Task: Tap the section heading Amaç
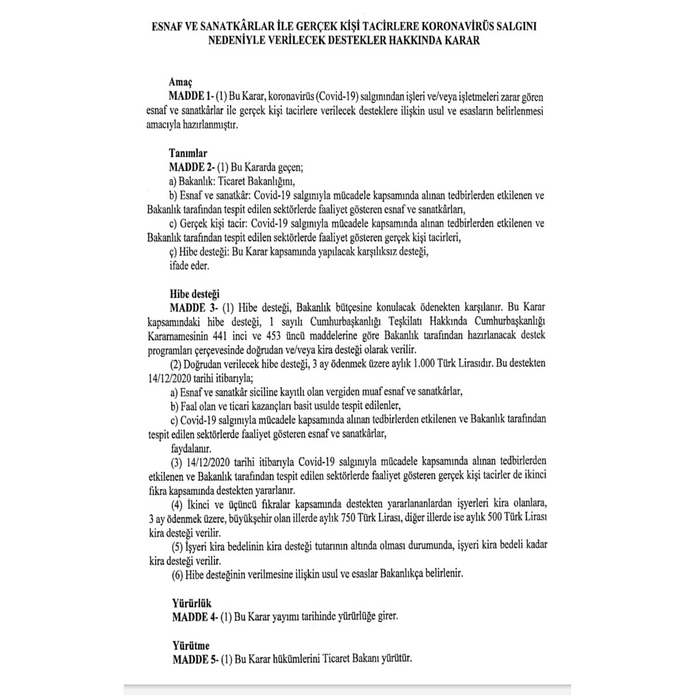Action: [x=181, y=83]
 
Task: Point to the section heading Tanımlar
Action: [x=188, y=153]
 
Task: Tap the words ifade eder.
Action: [x=189, y=265]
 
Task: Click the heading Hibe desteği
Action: [x=195, y=293]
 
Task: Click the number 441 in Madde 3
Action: [x=220, y=335]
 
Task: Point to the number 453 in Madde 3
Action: [x=274, y=335]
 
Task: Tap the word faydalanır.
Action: [x=191, y=448]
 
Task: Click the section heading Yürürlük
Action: [x=192, y=603]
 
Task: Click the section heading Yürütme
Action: [x=191, y=645]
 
